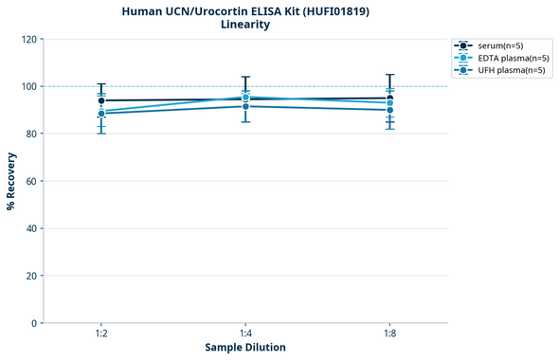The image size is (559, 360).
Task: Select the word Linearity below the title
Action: click(244, 25)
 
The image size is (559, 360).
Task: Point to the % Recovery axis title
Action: click(11, 180)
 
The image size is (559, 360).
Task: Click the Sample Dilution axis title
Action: click(245, 347)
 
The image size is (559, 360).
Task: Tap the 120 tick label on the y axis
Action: click(28, 39)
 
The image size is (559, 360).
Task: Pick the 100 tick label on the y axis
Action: click(28, 86)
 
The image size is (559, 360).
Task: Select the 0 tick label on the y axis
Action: click(34, 323)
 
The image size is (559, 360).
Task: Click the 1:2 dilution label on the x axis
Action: click(101, 333)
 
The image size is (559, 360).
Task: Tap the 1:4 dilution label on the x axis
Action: click(245, 333)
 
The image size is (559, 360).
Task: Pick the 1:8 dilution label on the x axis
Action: click(389, 333)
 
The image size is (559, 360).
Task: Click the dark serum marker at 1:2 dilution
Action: click(101, 100)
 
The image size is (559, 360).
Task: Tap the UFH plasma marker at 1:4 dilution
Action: click(245, 106)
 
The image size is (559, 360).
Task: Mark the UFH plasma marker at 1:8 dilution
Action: click(389, 110)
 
